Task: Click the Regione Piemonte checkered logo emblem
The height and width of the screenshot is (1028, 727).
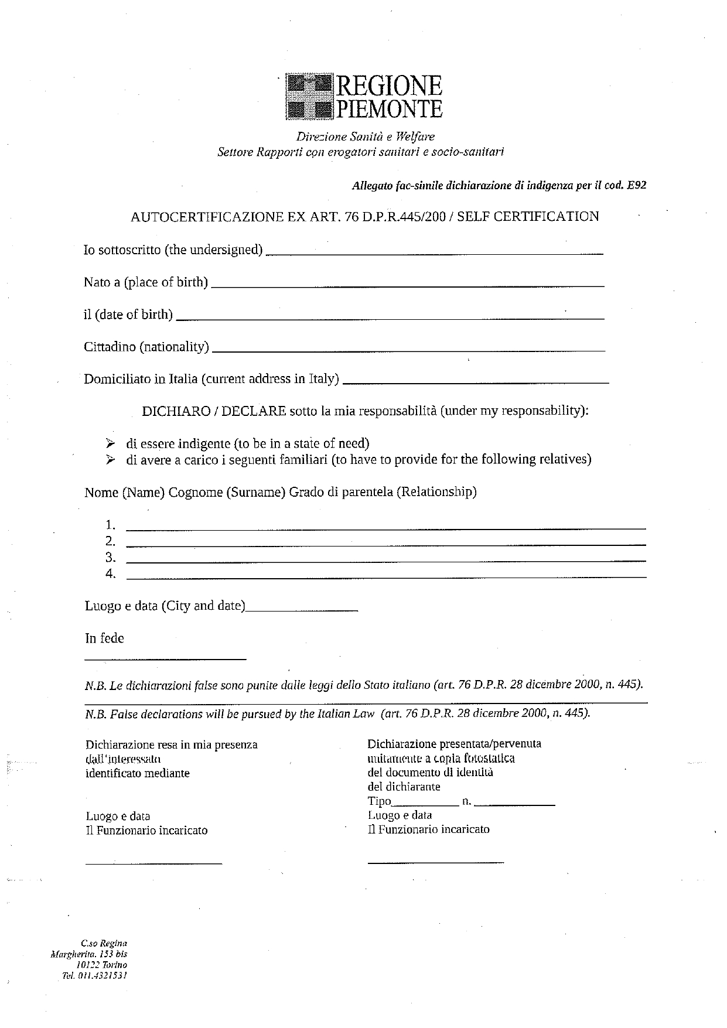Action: (309, 97)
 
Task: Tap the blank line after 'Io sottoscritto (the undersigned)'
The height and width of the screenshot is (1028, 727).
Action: (434, 253)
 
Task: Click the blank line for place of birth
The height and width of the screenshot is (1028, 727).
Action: (407, 285)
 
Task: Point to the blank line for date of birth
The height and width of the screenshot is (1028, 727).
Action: (390, 318)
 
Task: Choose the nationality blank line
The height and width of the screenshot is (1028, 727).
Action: (408, 350)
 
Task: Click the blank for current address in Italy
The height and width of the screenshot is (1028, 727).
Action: (475, 382)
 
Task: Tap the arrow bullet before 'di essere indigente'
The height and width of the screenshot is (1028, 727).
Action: (110, 443)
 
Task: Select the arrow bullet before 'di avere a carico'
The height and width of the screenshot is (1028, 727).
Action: (110, 460)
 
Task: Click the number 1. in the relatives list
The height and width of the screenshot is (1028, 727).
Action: (110, 524)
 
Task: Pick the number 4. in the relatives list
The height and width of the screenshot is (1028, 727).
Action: (110, 573)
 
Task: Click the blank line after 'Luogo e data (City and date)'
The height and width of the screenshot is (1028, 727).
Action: (302, 610)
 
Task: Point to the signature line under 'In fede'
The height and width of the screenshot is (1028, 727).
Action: (165, 660)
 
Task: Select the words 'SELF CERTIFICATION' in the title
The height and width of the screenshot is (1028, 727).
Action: (528, 217)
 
